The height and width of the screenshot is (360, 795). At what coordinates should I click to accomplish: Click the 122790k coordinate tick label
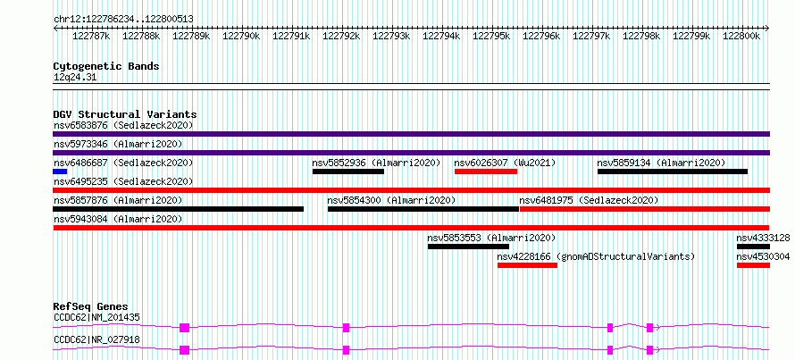coord(241,36)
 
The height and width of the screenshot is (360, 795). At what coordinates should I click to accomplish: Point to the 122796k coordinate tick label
coord(541,36)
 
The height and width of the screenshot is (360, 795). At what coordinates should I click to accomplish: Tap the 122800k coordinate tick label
coord(741,36)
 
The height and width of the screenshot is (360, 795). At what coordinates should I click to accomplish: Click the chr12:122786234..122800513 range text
coord(123,20)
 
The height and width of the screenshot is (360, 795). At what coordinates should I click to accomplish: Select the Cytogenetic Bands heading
coord(106,66)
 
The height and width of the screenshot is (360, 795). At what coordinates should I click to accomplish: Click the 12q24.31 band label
coord(75,78)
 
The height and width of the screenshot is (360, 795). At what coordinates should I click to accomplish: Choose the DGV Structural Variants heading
coord(125,114)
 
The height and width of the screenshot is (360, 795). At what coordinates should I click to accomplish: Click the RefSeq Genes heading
coord(90,306)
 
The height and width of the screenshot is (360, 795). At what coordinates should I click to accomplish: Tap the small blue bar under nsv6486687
coord(60,172)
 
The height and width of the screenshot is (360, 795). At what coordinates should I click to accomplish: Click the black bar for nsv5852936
coord(348,172)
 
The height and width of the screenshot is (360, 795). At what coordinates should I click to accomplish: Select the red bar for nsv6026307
coord(486,172)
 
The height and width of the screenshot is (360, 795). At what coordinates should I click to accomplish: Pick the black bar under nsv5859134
coord(673,172)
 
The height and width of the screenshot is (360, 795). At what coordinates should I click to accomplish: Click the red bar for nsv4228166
coord(527,265)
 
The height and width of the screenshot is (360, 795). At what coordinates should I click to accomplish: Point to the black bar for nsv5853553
coord(468,247)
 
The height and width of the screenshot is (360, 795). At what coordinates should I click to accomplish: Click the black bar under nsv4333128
coord(753,247)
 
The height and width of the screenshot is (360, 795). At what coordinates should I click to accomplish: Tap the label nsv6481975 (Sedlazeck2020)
coord(589,200)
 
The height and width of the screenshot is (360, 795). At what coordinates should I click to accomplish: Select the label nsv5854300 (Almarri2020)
coord(391,200)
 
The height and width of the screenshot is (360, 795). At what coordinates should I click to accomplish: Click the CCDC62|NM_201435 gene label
coord(96,318)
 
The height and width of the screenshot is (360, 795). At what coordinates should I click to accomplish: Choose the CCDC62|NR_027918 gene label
coord(96,339)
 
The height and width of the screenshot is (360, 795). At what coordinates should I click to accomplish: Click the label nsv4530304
coord(763,257)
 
